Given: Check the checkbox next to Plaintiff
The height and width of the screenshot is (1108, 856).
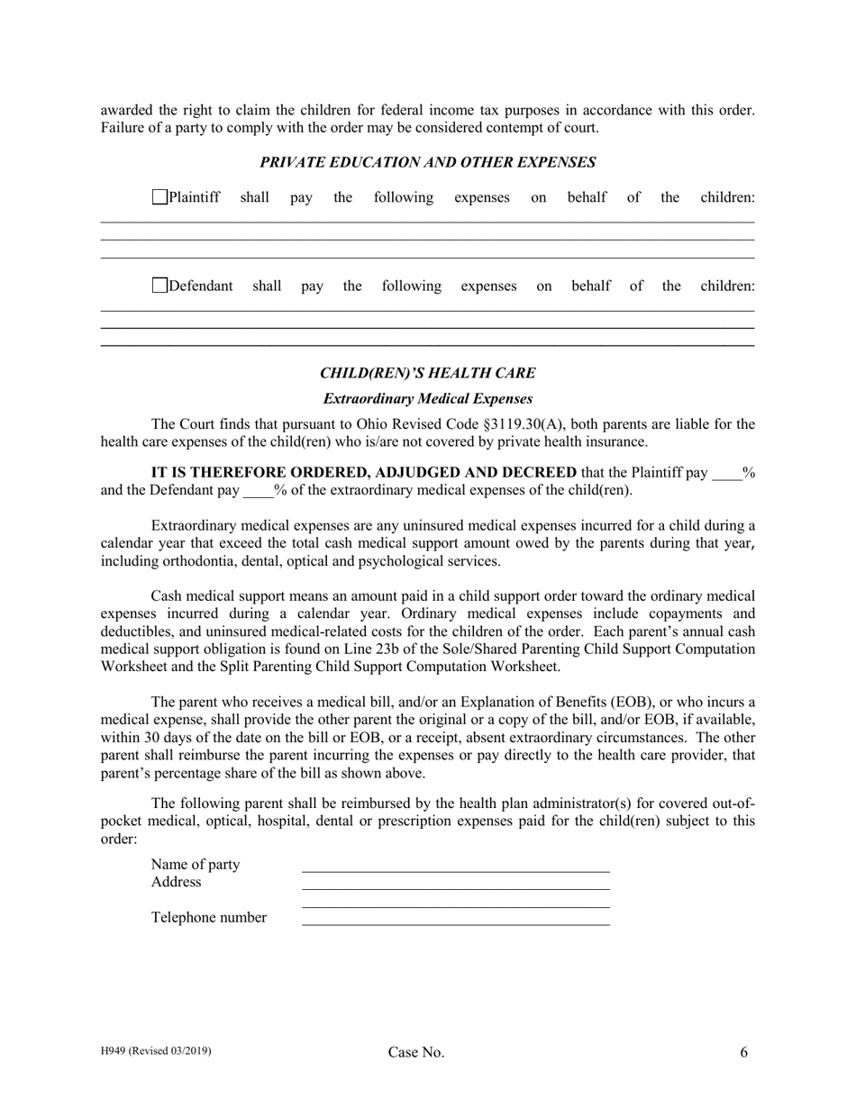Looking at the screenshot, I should (159, 197).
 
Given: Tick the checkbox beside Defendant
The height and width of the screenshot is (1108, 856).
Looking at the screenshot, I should (159, 286).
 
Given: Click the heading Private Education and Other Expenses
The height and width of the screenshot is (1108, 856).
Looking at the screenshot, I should (427, 162).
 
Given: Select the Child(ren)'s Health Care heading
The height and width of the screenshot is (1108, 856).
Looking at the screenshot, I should (427, 373).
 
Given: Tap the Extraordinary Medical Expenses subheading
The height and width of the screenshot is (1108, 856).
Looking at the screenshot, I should (427, 398).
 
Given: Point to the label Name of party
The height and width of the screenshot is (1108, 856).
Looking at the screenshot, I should (196, 865).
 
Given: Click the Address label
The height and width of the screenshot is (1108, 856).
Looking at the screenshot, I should (176, 882).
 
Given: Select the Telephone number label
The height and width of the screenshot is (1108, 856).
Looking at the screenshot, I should (209, 918).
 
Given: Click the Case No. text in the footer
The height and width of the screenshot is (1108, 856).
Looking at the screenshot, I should (415, 1052).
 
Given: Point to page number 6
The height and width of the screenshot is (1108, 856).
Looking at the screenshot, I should (743, 1051).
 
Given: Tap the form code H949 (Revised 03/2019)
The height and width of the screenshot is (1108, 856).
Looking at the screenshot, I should (156, 1050).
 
